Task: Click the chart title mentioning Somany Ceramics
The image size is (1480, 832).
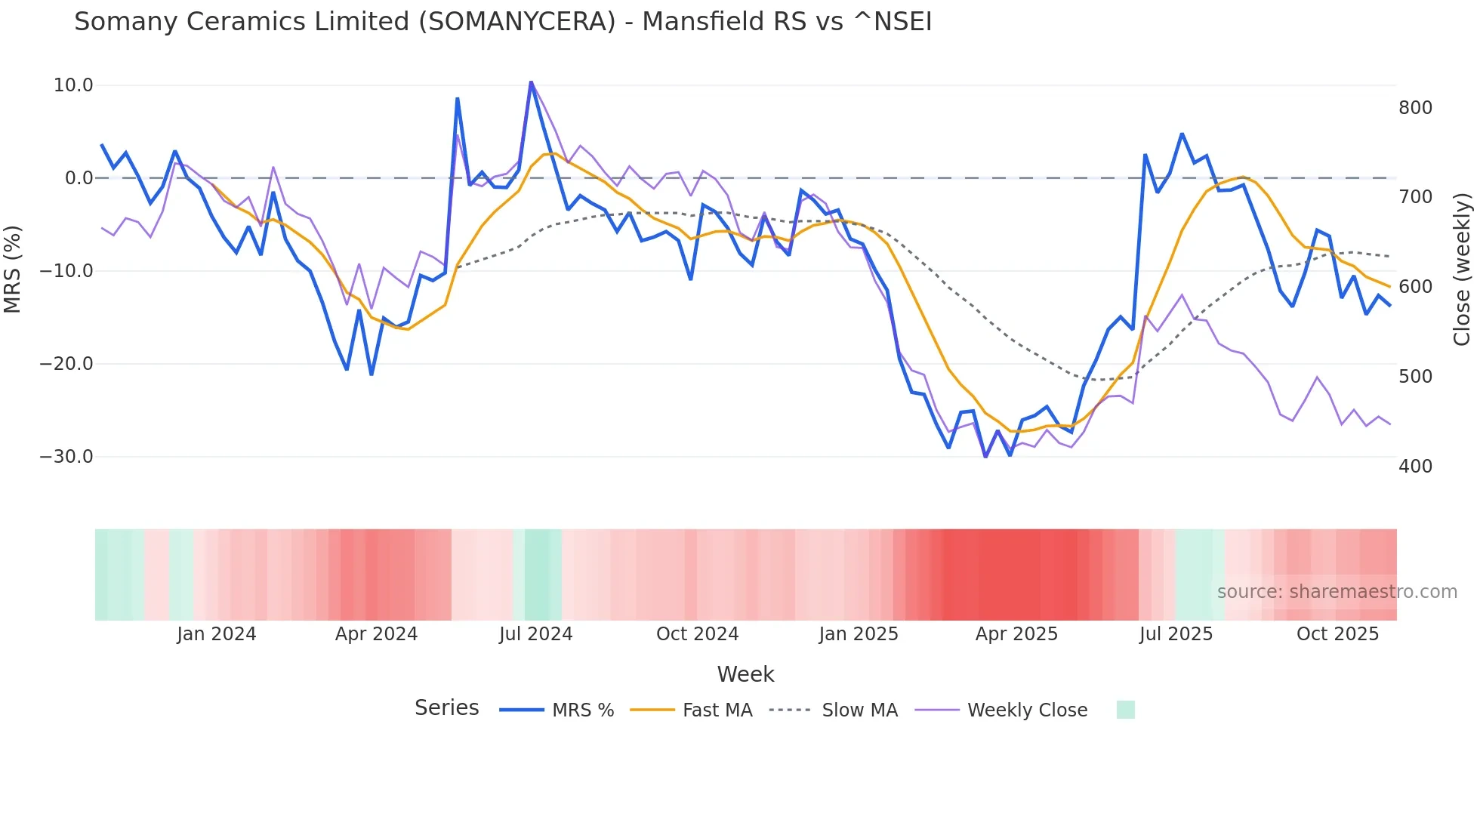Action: pyautogui.click(x=503, y=22)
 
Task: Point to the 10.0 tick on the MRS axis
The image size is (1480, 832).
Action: pyautogui.click(x=73, y=85)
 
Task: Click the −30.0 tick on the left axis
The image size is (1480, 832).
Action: pyautogui.click(x=66, y=457)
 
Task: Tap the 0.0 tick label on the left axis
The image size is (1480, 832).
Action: pyautogui.click(x=79, y=178)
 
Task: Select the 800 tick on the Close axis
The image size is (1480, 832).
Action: pyautogui.click(x=1415, y=108)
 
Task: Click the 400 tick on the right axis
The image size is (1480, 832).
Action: pyautogui.click(x=1415, y=467)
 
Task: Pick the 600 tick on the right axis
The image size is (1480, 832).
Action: pyautogui.click(x=1415, y=287)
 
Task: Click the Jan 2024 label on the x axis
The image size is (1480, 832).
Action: pyautogui.click(x=217, y=634)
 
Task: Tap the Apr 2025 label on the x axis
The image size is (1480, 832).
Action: pyautogui.click(x=1016, y=634)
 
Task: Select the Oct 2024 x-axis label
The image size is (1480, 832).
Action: pyautogui.click(x=697, y=634)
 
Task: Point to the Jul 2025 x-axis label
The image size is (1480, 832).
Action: pyautogui.click(x=1176, y=634)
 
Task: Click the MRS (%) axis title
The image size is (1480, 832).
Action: pyautogui.click(x=13, y=269)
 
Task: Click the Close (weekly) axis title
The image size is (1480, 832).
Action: pyautogui.click(x=1462, y=269)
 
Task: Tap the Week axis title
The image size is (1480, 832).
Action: pyautogui.click(x=745, y=674)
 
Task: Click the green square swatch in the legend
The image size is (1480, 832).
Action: pyautogui.click(x=1125, y=710)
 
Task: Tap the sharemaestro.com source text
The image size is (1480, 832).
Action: pyautogui.click(x=1337, y=592)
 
